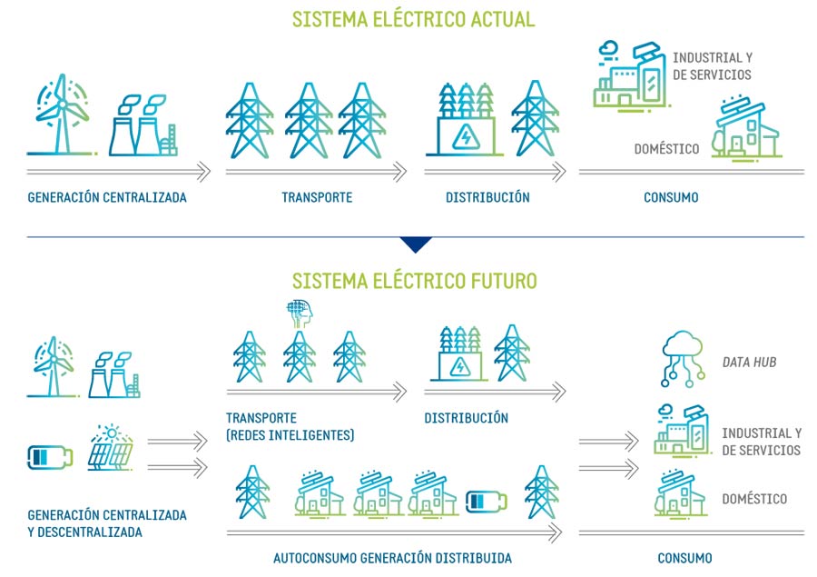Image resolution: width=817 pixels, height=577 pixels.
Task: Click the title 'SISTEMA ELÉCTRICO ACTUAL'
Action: click(x=413, y=19)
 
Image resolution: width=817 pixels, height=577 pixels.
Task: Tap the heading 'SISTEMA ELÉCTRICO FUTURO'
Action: click(x=414, y=279)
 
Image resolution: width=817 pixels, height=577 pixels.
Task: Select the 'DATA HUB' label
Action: click(x=749, y=363)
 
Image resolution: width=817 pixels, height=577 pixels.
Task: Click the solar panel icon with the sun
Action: click(x=112, y=448)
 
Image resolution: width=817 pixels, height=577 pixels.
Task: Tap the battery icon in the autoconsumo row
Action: click(x=487, y=501)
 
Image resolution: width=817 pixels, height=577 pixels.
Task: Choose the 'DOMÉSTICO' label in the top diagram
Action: click(x=666, y=148)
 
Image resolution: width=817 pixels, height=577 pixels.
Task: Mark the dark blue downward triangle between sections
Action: click(x=416, y=244)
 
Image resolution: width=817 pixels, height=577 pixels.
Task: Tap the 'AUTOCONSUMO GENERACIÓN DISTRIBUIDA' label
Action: click(x=392, y=558)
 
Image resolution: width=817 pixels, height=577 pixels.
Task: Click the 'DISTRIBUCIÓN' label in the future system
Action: click(x=466, y=418)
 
